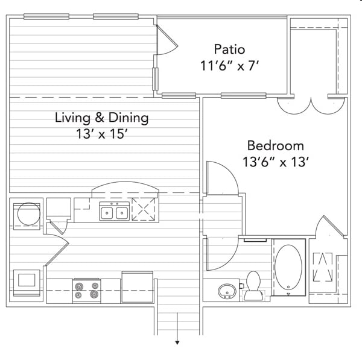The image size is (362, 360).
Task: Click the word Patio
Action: [x=229, y=49]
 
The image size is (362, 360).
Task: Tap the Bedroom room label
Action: [x=276, y=145]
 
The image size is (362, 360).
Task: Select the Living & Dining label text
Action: [x=101, y=118]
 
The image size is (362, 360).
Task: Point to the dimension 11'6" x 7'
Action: [x=229, y=66]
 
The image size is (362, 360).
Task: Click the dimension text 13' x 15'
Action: [x=102, y=134]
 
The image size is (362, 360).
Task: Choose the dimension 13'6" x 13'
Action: [x=276, y=162]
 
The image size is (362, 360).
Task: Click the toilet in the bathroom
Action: [x=253, y=286]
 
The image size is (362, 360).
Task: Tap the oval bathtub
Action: [x=288, y=267]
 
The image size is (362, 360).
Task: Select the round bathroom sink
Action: [x=227, y=291]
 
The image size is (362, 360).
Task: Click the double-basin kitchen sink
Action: [x=115, y=211]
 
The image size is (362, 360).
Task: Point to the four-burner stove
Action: [x=87, y=291]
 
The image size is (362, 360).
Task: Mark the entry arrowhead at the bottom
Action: [x=177, y=343]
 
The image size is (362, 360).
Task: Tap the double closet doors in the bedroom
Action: [x=311, y=106]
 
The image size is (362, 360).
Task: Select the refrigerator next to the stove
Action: [x=138, y=287]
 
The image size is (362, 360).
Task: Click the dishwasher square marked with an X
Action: [x=144, y=209]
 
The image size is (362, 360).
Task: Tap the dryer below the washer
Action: [x=27, y=283]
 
